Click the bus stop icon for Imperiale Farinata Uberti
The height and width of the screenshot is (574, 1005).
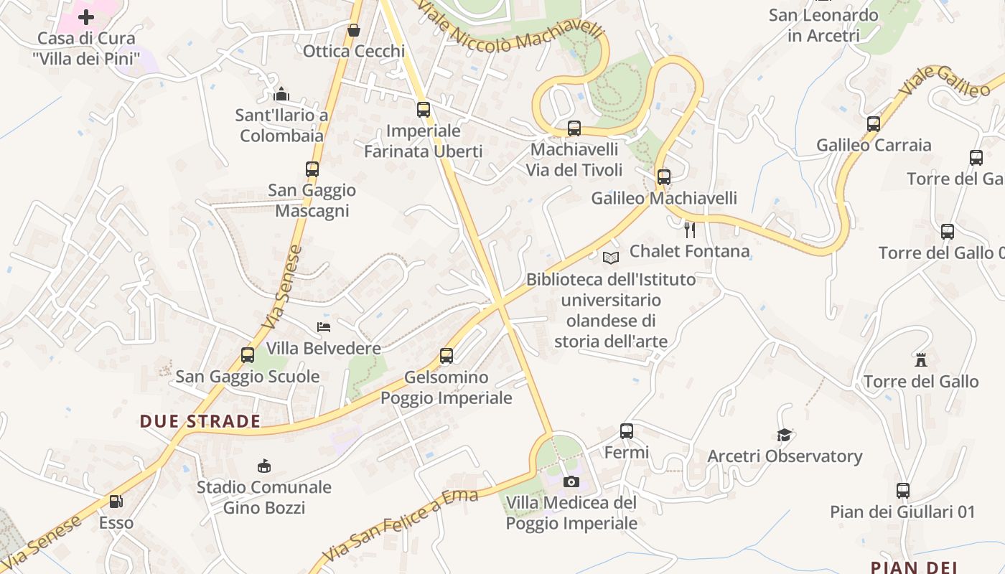point(424,110)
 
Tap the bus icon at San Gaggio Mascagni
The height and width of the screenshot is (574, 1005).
point(312,169)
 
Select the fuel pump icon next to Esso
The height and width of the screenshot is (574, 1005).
point(116,502)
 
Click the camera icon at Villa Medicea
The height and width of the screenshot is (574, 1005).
point(571,481)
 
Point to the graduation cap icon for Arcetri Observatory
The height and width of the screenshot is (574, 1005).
point(784,435)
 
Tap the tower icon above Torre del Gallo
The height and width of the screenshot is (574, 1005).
point(921,359)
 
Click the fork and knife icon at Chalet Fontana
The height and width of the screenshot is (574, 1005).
point(690,230)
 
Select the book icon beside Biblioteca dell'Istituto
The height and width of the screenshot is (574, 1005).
point(611,258)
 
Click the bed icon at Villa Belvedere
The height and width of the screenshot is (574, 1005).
point(324,327)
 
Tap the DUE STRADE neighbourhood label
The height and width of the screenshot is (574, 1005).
point(200,421)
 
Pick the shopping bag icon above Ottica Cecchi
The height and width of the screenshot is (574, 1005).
point(353,30)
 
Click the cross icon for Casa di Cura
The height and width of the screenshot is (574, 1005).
point(86,17)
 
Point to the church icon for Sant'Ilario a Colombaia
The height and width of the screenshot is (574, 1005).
point(281,94)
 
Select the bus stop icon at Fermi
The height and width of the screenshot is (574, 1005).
point(627,431)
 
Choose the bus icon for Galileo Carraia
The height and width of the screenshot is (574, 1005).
point(874,124)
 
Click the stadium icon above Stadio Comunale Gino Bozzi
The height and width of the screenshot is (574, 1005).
point(263,466)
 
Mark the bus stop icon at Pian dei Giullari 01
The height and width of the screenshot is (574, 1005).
point(903,491)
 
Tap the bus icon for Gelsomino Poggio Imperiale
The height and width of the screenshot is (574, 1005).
point(447,356)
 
